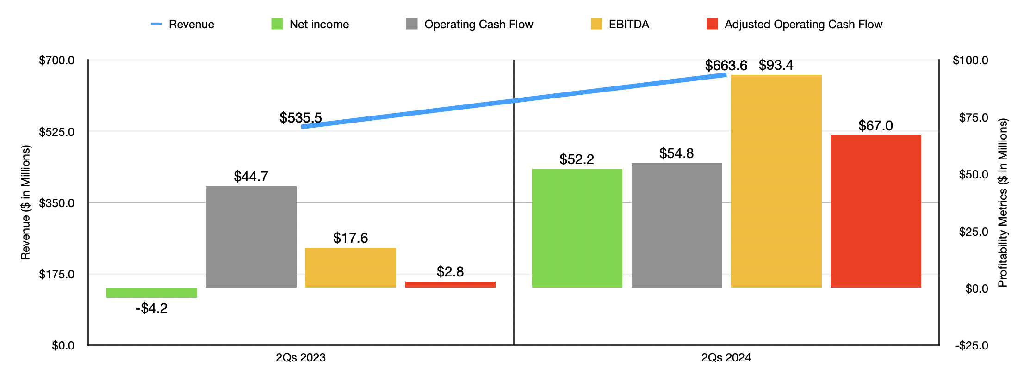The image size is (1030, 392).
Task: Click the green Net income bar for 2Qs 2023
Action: (x=151, y=293)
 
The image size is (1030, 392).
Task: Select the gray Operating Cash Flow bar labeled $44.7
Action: (x=251, y=237)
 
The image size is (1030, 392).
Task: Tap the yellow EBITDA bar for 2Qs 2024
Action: (x=776, y=181)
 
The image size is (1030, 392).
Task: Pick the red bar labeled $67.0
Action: (x=875, y=211)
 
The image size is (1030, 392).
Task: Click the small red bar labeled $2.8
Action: (x=450, y=285)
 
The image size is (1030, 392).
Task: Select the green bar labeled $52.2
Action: (x=577, y=228)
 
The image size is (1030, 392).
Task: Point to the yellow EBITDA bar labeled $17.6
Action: (x=350, y=268)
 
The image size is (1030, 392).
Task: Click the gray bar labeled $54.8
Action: (x=676, y=225)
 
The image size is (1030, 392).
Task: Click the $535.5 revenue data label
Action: (x=300, y=118)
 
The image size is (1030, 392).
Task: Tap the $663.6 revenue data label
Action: (x=726, y=66)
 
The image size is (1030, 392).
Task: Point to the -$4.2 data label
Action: (x=151, y=308)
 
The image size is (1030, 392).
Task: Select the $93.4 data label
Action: (x=776, y=66)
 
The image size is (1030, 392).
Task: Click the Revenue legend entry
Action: (x=183, y=24)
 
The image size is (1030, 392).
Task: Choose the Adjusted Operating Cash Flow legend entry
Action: (x=794, y=24)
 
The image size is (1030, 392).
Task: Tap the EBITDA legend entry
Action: (x=620, y=24)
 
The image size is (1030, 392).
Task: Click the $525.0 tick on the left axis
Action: (x=56, y=132)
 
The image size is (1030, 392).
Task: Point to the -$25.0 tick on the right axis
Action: (x=971, y=346)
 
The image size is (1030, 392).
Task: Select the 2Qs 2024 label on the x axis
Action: (x=726, y=358)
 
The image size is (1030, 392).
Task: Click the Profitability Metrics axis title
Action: (x=1002, y=202)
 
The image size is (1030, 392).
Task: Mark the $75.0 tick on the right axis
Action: (x=973, y=118)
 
